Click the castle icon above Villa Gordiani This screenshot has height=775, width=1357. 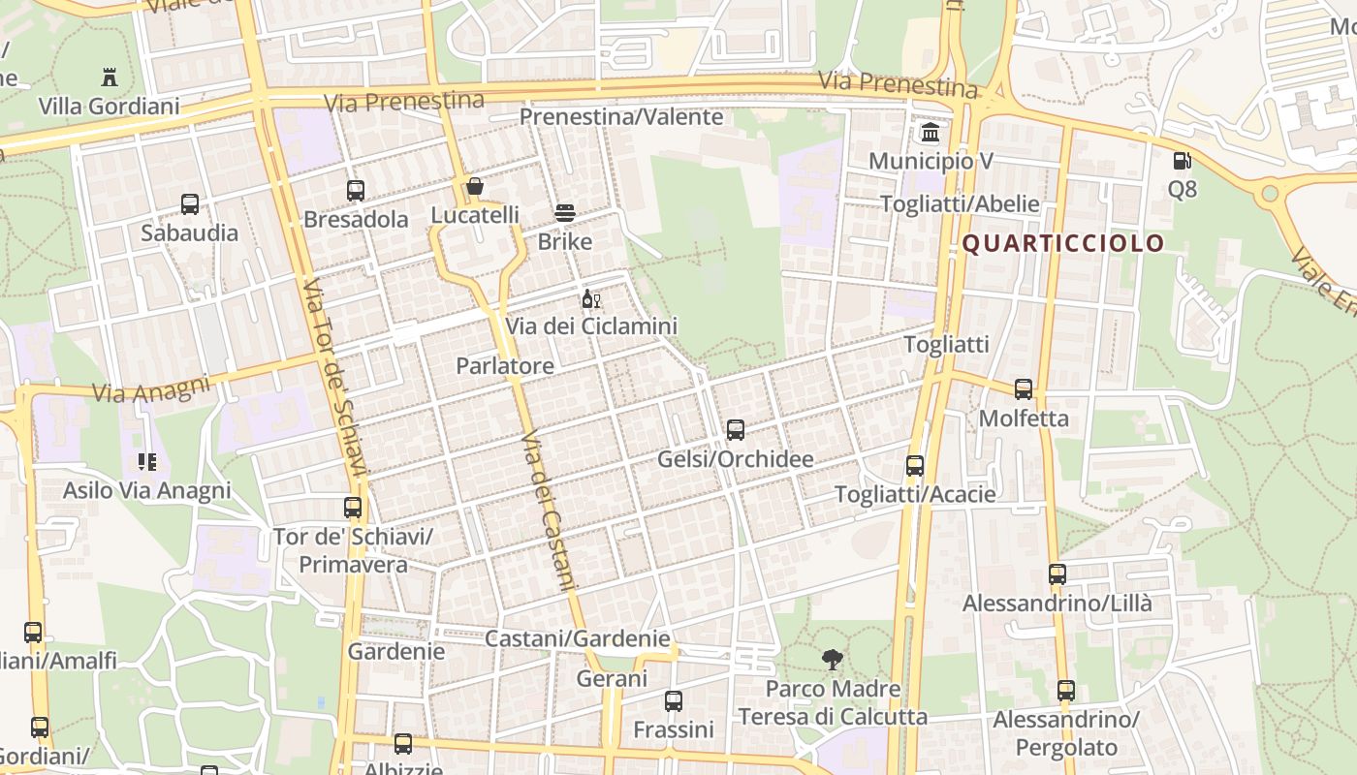pyautogui.click(x=109, y=77)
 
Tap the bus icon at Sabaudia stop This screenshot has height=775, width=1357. pyautogui.click(x=190, y=204)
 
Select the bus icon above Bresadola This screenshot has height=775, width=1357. pyautogui.click(x=356, y=191)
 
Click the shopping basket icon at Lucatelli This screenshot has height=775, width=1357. pyautogui.click(x=475, y=186)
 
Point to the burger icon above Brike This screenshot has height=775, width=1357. pyautogui.click(x=565, y=213)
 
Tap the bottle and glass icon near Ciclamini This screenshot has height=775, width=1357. pyautogui.click(x=591, y=298)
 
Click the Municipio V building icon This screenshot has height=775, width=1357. pyautogui.click(x=931, y=132)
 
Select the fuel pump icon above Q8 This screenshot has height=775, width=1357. pyautogui.click(x=1182, y=161)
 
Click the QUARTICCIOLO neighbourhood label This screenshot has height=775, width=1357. pyautogui.click(x=1062, y=243)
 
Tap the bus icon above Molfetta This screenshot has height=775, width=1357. pyautogui.click(x=1024, y=389)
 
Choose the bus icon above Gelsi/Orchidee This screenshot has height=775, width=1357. pyautogui.click(x=736, y=429)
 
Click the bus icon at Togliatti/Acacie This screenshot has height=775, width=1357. pyautogui.click(x=915, y=466)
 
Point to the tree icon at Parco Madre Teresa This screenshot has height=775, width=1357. pyautogui.click(x=832, y=661)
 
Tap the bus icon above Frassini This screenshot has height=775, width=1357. pyautogui.click(x=674, y=700)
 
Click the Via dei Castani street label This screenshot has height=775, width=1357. pyautogui.click(x=549, y=511)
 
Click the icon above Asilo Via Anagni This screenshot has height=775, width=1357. pyautogui.click(x=147, y=461)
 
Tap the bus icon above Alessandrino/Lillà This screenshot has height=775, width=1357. pyautogui.click(x=1057, y=574)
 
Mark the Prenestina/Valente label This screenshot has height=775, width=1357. pyautogui.click(x=621, y=117)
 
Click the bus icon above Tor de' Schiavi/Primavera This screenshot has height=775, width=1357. pyautogui.click(x=353, y=508)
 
